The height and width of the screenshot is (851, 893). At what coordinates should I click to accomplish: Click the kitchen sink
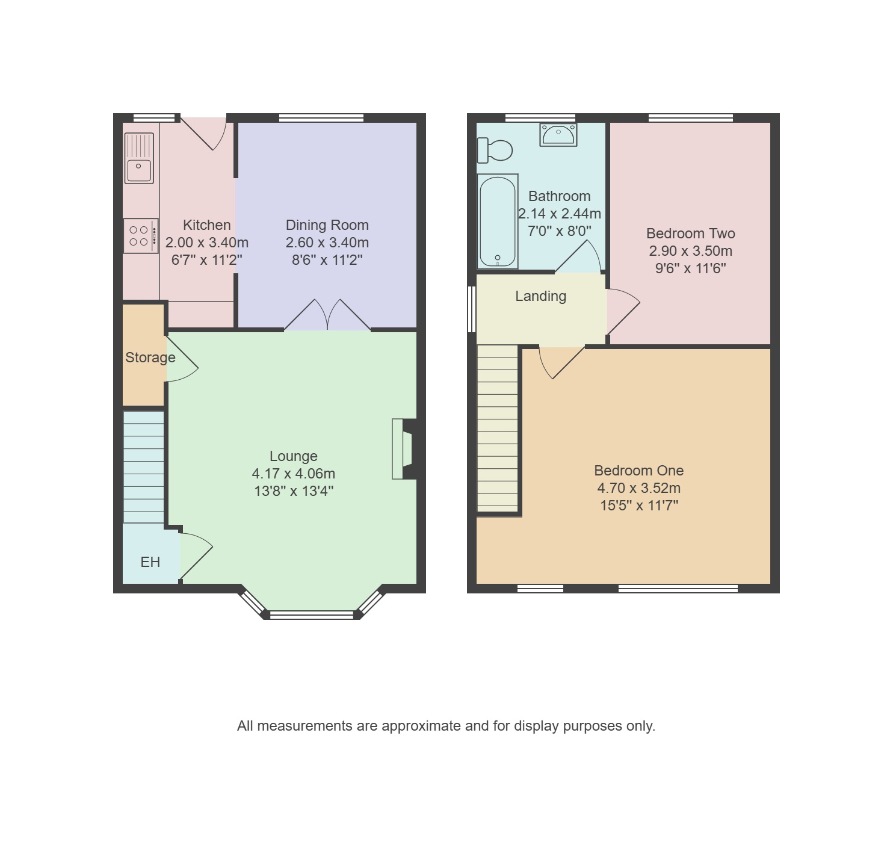pyautogui.click(x=139, y=158)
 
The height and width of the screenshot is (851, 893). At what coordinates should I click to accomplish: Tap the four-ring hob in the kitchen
pyautogui.click(x=141, y=236)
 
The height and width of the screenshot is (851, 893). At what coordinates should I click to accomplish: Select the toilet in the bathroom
pyautogui.click(x=495, y=150)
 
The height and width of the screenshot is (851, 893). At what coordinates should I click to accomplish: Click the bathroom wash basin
pyautogui.click(x=558, y=134)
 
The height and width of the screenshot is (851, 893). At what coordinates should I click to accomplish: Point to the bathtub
pyautogui.click(x=498, y=221)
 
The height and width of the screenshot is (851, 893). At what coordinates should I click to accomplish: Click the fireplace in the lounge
pyautogui.click(x=404, y=449)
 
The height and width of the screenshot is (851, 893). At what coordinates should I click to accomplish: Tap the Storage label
pyautogui.click(x=150, y=357)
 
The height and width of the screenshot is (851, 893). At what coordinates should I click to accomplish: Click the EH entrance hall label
pyautogui.click(x=150, y=562)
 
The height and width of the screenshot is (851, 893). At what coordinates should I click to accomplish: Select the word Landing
pyautogui.click(x=540, y=296)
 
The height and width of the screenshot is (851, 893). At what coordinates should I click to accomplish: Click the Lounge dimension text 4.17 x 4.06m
pyautogui.click(x=294, y=474)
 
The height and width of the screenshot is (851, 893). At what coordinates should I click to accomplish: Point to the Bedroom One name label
pyautogui.click(x=638, y=470)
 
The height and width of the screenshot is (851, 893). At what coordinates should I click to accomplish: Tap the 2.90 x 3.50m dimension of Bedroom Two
pyautogui.click(x=690, y=251)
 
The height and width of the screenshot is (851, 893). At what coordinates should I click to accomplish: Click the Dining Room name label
pyautogui.click(x=327, y=225)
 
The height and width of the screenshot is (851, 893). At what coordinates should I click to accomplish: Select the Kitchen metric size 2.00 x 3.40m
pyautogui.click(x=206, y=242)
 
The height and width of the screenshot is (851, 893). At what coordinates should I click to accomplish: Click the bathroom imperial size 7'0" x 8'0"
pyautogui.click(x=559, y=231)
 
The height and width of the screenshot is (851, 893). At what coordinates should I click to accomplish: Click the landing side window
pyautogui.click(x=472, y=309)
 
